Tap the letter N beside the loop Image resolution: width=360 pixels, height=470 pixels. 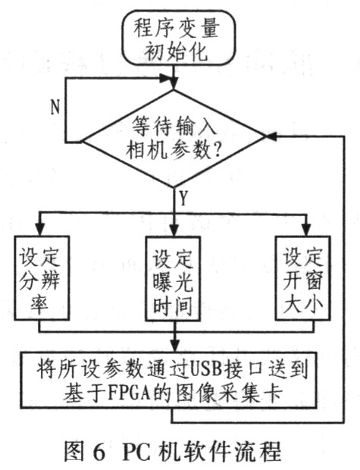pyautogui.click(x=55, y=107)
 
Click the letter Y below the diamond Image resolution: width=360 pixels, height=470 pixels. pyautogui.click(x=183, y=199)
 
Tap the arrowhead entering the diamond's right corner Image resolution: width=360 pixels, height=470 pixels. pyautogui.click(x=271, y=136)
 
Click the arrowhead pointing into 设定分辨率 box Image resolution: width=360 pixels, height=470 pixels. pyautogui.click(x=39, y=230)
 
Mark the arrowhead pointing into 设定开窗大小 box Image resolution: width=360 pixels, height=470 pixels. pyautogui.click(x=306, y=230)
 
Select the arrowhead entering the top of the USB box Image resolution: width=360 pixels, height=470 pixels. pyautogui.click(x=174, y=346)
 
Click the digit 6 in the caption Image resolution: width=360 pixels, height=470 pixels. pyautogui.click(x=99, y=453)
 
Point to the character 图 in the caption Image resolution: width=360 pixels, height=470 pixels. pyautogui.click(x=74, y=452)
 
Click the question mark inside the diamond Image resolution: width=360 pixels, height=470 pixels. pyautogui.click(x=216, y=149)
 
